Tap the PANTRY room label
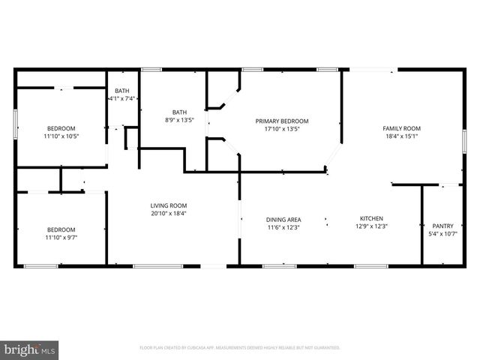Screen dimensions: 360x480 click(x=443, y=226)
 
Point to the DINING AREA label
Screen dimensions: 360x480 click(x=283, y=220)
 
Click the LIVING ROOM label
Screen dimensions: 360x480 click(x=168, y=205)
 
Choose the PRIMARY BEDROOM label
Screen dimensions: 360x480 click(x=281, y=121)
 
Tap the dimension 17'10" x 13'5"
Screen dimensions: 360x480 click(x=281, y=128)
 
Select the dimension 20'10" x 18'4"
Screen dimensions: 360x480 click(x=168, y=213)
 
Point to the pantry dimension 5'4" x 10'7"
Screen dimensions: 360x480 click(x=443, y=234)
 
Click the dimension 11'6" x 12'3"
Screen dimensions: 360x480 click(x=283, y=227)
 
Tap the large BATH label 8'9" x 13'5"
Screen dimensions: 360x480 click(x=179, y=112)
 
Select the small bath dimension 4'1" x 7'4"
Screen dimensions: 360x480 click(x=121, y=98)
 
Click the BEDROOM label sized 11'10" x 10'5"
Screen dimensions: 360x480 click(x=61, y=128)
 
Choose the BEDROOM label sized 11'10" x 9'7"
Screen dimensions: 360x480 click(x=61, y=229)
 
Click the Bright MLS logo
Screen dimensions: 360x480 click(x=30, y=349)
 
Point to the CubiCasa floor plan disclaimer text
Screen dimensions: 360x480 click(x=240, y=348)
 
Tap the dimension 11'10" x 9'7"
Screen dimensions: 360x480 click(x=61, y=238)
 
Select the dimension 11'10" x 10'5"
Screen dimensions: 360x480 click(x=61, y=136)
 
